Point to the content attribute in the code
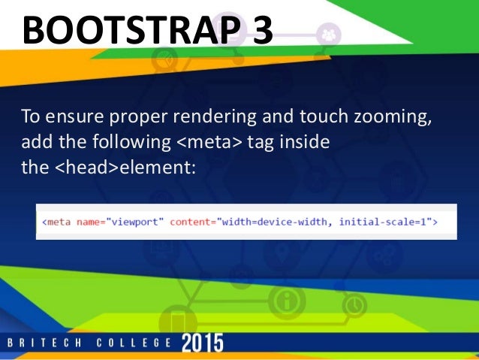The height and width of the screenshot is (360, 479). pyautogui.click(x=191, y=222)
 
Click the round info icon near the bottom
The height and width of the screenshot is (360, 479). pyautogui.click(x=285, y=302)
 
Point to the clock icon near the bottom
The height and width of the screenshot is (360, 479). pyautogui.click(x=354, y=305)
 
